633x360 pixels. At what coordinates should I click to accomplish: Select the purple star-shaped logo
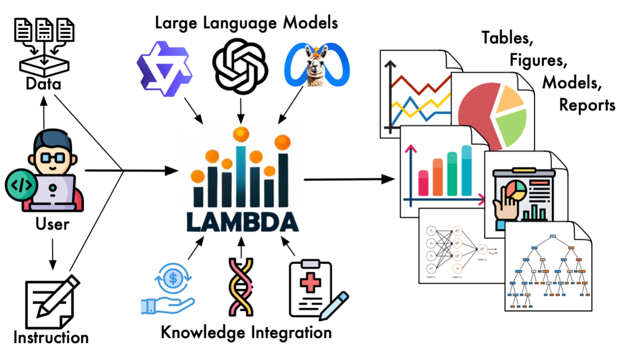click(164, 71)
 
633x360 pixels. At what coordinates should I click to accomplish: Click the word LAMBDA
click(242, 222)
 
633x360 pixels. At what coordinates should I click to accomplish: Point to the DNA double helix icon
click(241, 287)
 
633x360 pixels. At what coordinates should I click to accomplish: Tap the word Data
click(44, 84)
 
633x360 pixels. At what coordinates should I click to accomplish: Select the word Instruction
click(51, 338)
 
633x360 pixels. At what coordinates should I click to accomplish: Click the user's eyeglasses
click(53, 158)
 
